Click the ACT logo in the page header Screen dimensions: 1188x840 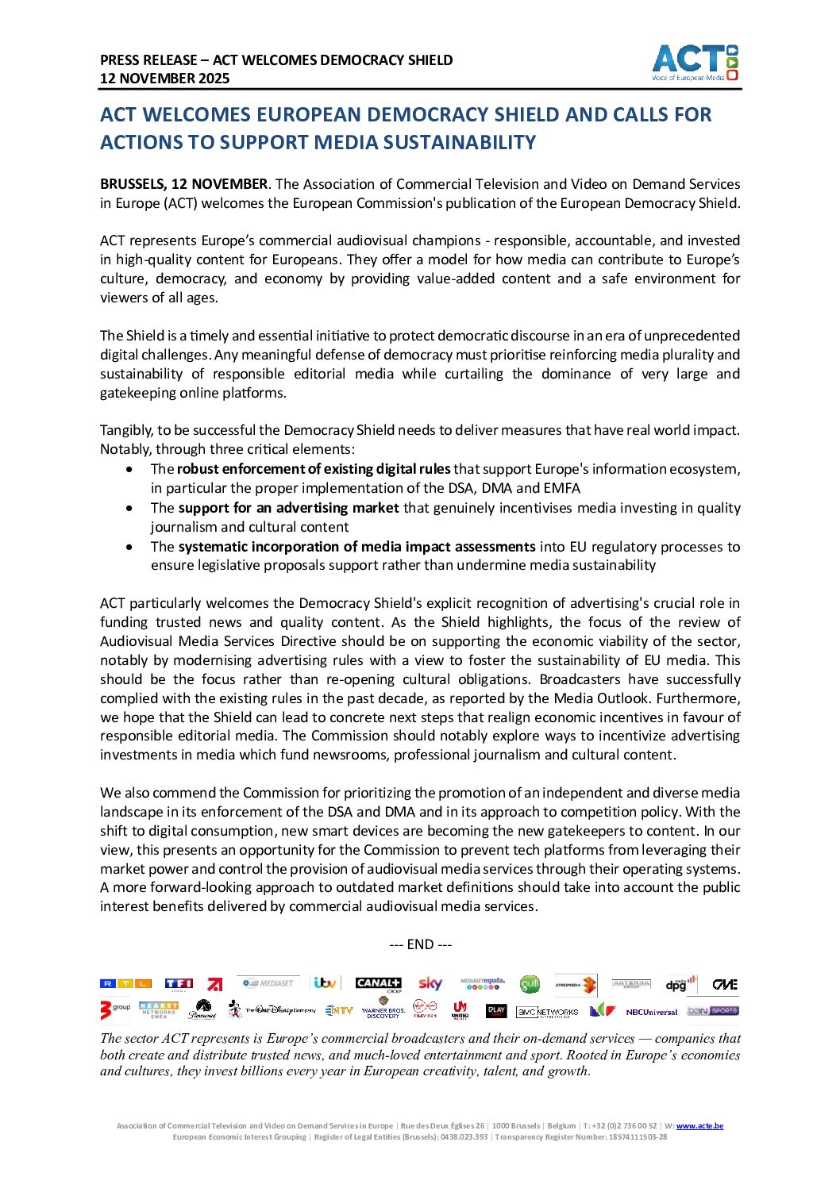695,63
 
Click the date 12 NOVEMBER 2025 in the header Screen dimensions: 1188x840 164,79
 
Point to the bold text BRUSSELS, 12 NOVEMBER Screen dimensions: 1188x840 183,184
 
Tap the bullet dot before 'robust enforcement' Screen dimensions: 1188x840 129,469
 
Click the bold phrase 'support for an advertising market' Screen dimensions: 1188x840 288,508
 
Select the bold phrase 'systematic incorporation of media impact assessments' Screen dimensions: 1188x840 356,547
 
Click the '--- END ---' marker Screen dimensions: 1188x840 420,944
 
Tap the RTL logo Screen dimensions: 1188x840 125,984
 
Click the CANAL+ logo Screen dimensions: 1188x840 378,984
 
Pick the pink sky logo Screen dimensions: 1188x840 430,984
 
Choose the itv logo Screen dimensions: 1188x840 325,983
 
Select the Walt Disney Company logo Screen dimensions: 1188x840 280,1010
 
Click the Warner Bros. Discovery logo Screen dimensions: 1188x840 383,1010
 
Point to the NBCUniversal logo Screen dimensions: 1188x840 651,1012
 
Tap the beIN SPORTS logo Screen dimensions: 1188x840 712,1010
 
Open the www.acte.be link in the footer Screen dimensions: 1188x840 699,1126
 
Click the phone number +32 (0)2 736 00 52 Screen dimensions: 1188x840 624,1126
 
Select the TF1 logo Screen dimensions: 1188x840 179,984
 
